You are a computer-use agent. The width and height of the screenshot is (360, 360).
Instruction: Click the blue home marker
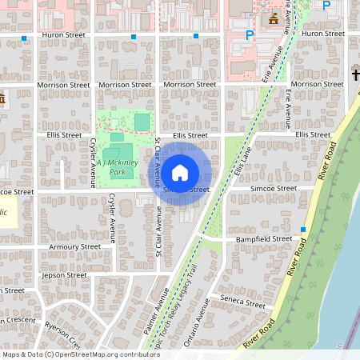[180, 172]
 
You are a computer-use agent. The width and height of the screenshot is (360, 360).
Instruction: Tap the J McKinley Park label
[118, 167]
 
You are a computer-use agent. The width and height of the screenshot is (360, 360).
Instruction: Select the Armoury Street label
[74, 247]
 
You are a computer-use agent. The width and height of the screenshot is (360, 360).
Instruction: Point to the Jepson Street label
[64, 274]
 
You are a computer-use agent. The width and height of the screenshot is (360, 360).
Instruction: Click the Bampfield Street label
[263, 238]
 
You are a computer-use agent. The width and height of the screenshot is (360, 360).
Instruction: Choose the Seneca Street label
[242, 304]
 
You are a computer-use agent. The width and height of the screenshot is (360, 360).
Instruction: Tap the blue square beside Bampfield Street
[303, 230]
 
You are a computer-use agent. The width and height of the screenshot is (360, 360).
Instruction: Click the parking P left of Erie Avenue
[250, 35]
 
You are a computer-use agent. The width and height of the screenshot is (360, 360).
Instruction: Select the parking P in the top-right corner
[326, 6]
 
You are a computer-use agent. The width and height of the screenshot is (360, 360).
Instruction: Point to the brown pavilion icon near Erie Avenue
[274, 18]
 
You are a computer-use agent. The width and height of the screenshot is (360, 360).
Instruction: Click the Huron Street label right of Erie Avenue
[323, 34]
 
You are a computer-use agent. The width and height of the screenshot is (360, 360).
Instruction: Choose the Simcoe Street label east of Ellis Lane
[274, 189]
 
